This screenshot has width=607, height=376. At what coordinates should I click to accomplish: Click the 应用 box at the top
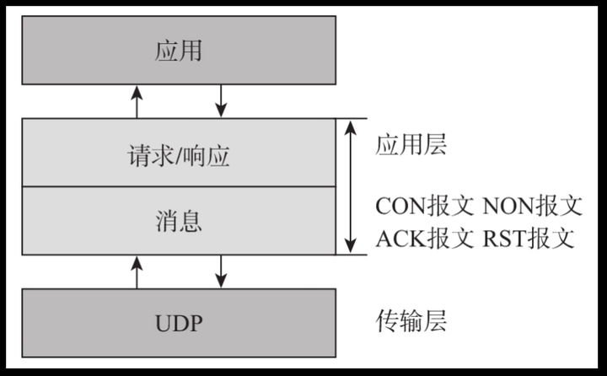tap(179, 50)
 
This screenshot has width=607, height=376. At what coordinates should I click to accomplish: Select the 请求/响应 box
tap(179, 153)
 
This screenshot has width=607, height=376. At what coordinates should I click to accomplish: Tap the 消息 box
tap(179, 221)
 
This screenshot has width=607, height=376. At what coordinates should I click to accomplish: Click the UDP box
tap(179, 323)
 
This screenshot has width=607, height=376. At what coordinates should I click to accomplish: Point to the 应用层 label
tap(411, 144)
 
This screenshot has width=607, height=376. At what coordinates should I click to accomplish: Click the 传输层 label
tap(411, 321)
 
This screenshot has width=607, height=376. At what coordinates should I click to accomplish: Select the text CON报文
tap(425, 206)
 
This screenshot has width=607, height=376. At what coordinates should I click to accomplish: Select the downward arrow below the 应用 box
tap(222, 100)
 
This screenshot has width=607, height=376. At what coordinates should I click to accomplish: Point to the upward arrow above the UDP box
tap(137, 271)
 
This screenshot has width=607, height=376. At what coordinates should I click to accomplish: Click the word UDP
tap(179, 324)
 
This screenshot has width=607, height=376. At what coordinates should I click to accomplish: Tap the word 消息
tap(179, 222)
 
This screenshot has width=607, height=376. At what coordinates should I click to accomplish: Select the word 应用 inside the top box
tap(179, 51)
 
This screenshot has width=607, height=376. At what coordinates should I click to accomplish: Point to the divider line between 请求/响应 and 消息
tap(179, 187)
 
